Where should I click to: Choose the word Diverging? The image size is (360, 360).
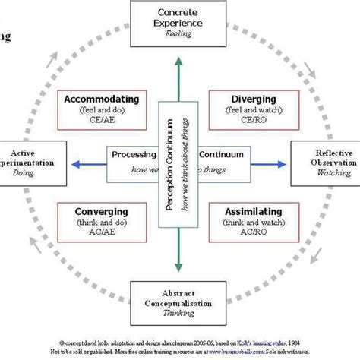254,99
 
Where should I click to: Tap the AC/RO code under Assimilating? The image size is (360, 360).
254,232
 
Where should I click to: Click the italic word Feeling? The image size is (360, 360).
180,34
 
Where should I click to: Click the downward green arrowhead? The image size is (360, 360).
180,265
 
